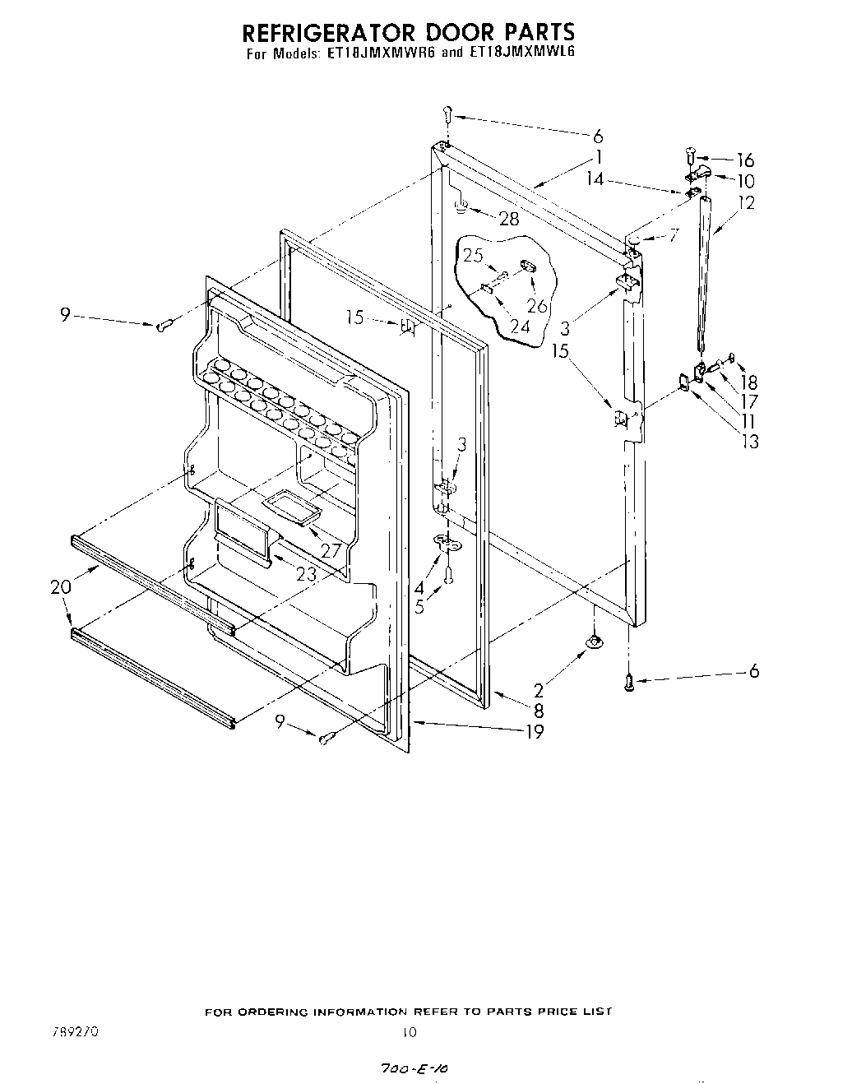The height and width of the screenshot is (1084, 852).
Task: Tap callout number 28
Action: pos(509,218)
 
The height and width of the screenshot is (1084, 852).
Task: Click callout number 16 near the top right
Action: pos(745,160)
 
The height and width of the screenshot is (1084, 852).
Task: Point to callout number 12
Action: pos(746,203)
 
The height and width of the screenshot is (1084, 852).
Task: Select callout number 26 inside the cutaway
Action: pos(536,306)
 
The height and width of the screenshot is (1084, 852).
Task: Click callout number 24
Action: pos(520,326)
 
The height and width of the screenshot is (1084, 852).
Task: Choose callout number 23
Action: pos(306,575)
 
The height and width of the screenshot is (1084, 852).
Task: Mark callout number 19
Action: pos(535,731)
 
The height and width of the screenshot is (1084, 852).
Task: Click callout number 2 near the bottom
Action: pos(538,690)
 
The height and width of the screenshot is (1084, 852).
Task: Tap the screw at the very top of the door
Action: pos(447,113)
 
